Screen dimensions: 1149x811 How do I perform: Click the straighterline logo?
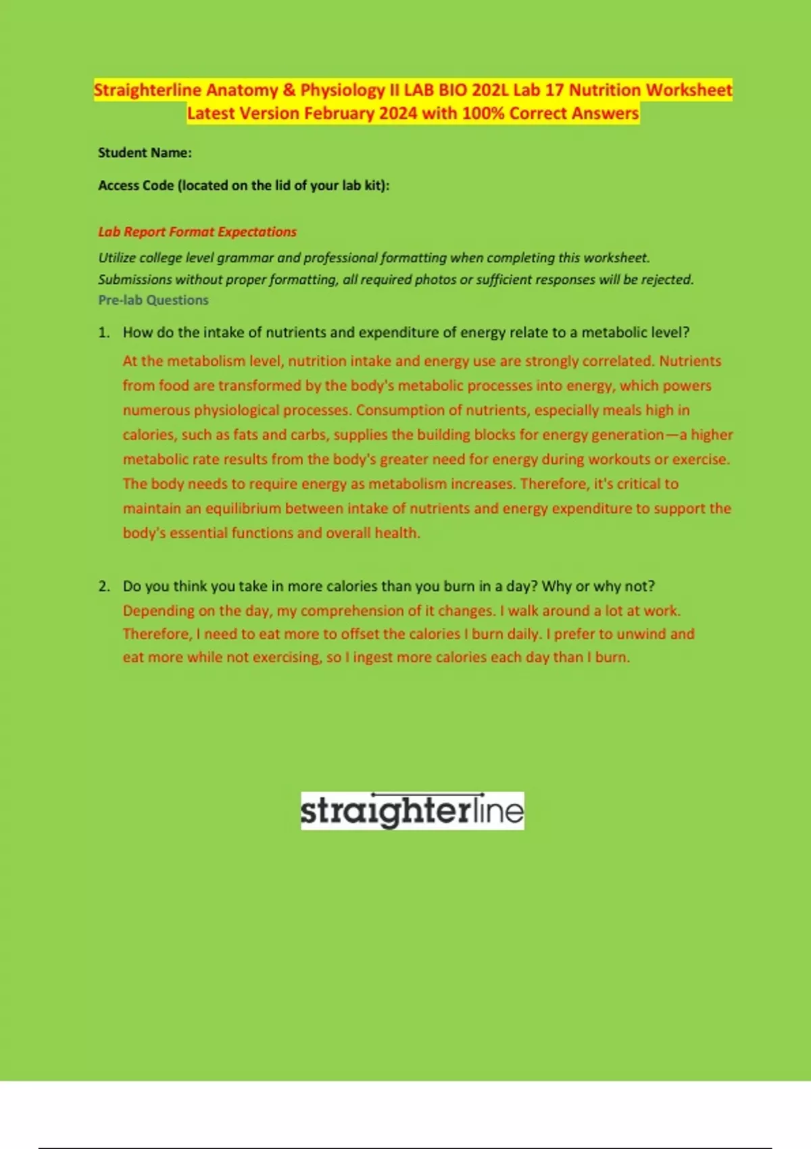pos(412,810)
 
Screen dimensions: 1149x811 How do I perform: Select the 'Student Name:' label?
pos(145,153)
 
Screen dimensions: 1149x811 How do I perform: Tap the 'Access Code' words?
pos(135,185)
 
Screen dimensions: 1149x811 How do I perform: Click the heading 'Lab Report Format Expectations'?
pos(197,232)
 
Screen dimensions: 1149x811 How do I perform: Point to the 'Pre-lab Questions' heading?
pos(153,300)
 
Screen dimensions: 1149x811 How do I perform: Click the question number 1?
pos(103,333)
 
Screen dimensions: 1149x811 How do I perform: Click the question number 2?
pos(103,586)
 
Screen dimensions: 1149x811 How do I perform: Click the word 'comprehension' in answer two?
pos(351,610)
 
